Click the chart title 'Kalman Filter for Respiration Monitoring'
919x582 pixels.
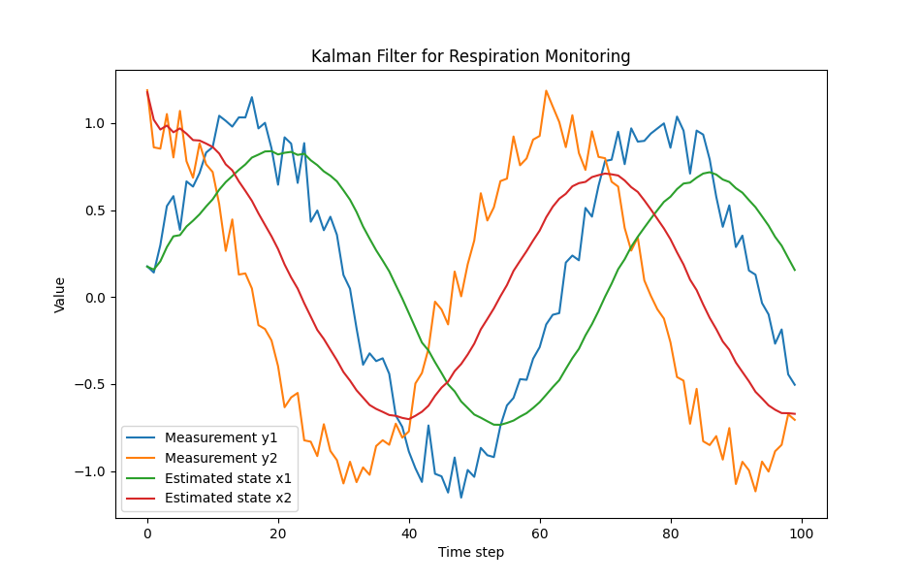click(x=470, y=56)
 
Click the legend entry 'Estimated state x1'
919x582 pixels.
click(x=228, y=478)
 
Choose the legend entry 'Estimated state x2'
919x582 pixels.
click(x=228, y=499)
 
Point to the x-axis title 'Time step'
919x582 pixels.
click(x=470, y=553)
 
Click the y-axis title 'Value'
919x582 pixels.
click(x=60, y=294)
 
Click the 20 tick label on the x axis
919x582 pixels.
click(x=278, y=533)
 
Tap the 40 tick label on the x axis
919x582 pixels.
click(x=409, y=533)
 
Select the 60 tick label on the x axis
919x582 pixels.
click(x=540, y=533)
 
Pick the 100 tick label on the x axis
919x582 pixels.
click(x=802, y=533)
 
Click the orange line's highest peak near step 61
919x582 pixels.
click(x=546, y=91)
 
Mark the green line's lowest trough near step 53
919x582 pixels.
click(x=494, y=425)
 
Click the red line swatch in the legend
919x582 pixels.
click(x=142, y=500)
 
